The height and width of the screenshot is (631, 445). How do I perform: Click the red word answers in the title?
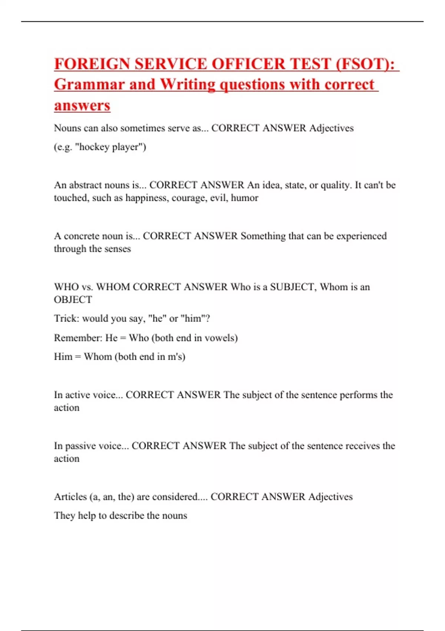coord(82,105)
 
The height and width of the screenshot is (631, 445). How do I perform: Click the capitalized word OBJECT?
coord(73,300)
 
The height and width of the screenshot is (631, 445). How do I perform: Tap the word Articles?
coord(70,497)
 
